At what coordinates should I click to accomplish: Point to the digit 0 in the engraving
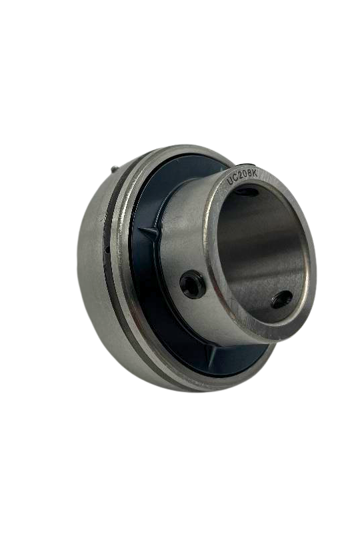point(249,176)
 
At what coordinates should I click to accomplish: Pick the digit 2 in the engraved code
point(244,177)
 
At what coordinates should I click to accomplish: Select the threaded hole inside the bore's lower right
point(280,299)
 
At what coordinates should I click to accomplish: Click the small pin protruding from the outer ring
point(115,171)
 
